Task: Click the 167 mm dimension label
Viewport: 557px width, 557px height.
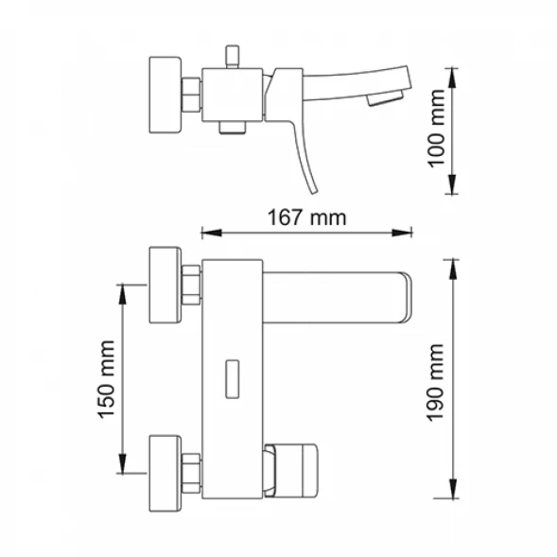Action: pyautogui.click(x=306, y=218)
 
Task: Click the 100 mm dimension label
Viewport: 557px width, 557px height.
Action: pyautogui.click(x=436, y=129)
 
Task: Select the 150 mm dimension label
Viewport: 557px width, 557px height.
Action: pyautogui.click(x=106, y=379)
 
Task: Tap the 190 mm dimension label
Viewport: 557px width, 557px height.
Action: pyautogui.click(x=436, y=382)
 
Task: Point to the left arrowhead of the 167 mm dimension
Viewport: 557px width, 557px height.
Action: pyautogui.click(x=212, y=233)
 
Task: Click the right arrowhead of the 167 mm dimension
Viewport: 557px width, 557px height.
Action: pyautogui.click(x=402, y=233)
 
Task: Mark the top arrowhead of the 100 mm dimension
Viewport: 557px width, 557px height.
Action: pyautogui.click(x=452, y=78)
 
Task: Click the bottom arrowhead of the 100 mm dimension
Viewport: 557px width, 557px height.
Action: pyautogui.click(x=452, y=184)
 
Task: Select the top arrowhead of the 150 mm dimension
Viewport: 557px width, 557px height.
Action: pyautogui.click(x=122, y=294)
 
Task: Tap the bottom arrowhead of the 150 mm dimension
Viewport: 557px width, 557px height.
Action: pyautogui.click(x=122, y=463)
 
